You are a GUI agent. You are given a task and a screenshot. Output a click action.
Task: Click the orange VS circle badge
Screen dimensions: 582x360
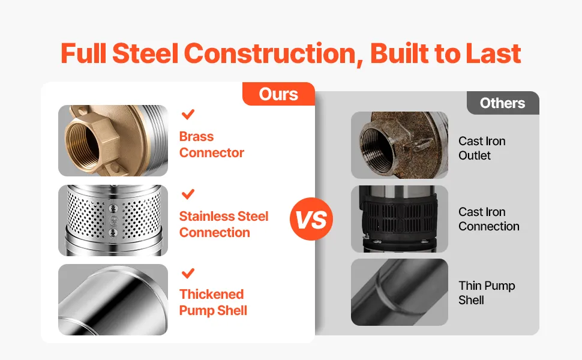tap(311, 218)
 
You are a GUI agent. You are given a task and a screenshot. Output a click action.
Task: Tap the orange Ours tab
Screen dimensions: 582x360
tap(278, 94)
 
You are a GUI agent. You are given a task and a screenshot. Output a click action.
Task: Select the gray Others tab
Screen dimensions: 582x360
tap(503, 103)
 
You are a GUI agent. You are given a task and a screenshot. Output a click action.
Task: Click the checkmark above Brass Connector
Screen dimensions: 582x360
tap(188, 114)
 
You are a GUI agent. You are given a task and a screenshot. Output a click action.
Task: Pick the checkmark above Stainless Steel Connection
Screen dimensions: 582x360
tap(188, 194)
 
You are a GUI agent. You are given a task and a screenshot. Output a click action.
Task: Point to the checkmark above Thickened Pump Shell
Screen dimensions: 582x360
tap(188, 273)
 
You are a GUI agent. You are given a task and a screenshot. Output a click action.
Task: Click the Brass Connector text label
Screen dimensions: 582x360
tap(212, 145)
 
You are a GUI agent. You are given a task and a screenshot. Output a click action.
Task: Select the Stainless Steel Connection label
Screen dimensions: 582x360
tap(223, 224)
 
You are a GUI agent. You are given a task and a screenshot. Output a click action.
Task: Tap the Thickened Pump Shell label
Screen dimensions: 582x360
tap(213, 302)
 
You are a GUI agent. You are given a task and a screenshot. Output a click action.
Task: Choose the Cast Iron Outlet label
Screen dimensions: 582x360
tap(482, 148)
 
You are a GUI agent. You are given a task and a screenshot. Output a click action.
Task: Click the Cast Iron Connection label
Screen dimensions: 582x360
tap(489, 219)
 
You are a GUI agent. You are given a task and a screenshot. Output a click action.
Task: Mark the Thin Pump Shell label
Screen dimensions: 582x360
tap(487, 293)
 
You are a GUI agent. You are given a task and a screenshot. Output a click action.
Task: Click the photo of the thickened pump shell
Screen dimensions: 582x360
tap(113, 299)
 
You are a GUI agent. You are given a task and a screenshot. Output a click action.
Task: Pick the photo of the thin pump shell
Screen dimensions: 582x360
tap(400, 292)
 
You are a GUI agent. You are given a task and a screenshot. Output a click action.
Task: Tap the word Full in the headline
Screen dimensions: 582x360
tap(83, 53)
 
